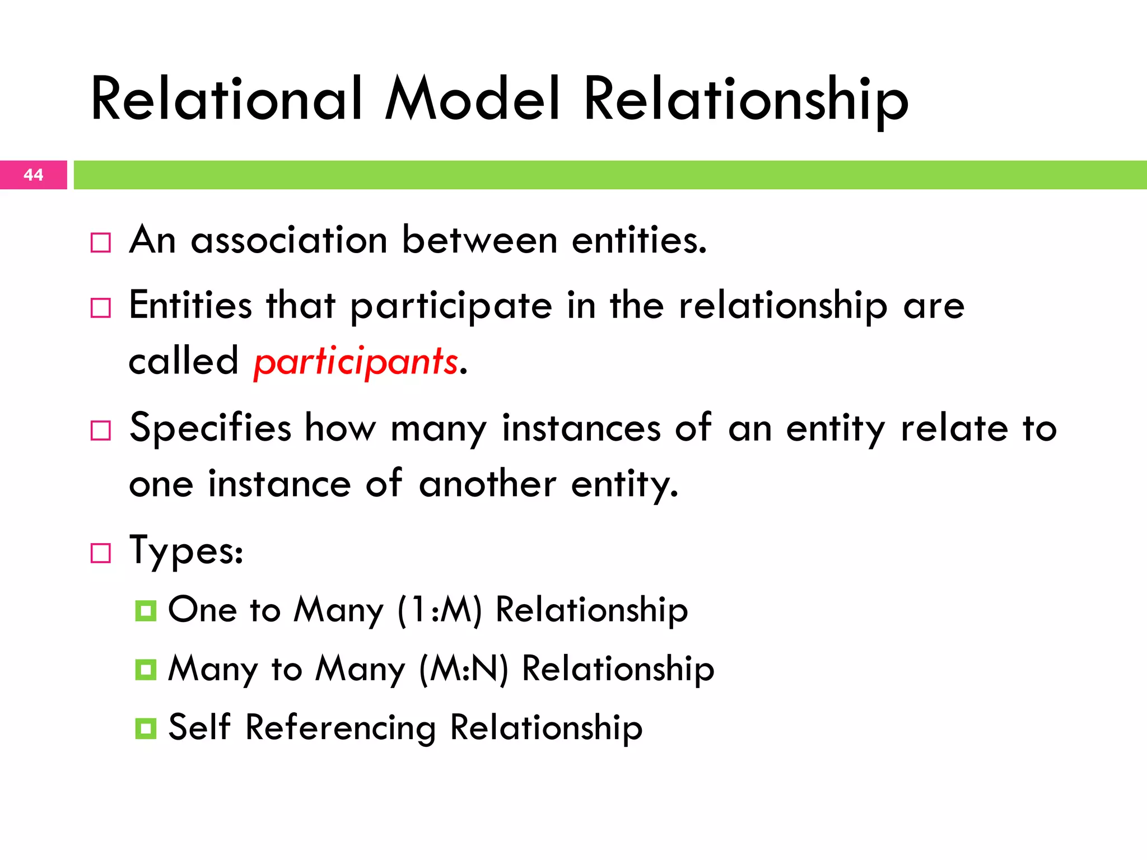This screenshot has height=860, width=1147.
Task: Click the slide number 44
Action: pos(34,175)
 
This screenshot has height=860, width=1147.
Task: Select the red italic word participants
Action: pos(356,362)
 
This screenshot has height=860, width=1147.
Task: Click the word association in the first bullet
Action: pos(289,241)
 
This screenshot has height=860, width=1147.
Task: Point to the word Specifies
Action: pos(210,428)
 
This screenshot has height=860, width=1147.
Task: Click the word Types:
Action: pos(186,551)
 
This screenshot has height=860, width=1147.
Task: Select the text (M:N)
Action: pos(464,669)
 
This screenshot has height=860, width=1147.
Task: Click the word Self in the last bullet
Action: pos(199,727)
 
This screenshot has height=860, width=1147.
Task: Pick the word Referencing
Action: pos(341,728)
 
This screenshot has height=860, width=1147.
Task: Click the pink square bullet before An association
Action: pos(101,243)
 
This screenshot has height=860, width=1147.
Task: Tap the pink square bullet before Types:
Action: pos(101,553)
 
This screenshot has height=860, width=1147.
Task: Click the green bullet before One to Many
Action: pos(146,611)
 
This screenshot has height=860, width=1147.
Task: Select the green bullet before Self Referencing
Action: pos(146,728)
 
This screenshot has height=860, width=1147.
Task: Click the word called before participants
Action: pos(183,361)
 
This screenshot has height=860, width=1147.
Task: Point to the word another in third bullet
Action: pos(487,484)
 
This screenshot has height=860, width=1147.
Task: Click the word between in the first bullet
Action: pos(479,241)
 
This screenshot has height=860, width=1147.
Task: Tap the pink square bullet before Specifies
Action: pos(101,431)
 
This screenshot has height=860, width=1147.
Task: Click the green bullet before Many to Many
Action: pos(146,670)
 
